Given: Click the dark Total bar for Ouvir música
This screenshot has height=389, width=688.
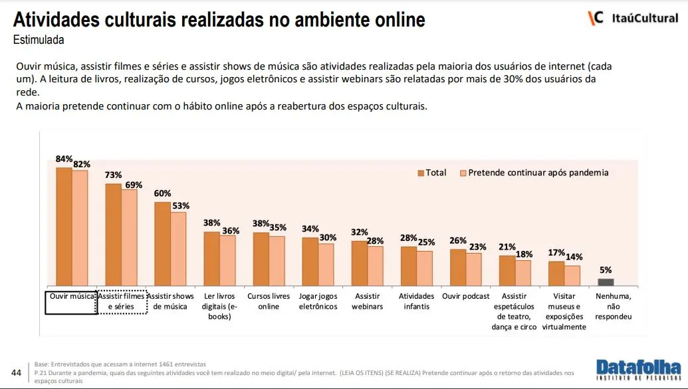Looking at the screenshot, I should point(64,227).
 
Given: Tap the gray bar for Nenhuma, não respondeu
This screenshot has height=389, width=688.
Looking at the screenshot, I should point(606,282).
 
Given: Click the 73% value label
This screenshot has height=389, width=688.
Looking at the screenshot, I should point(114,176).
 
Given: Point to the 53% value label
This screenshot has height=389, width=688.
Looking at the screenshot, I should point(180,205).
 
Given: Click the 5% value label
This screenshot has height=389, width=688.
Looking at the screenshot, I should point(606,270).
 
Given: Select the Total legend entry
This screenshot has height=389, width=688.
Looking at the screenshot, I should point(432,173).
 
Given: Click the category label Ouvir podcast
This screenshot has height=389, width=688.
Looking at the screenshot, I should point(465,296).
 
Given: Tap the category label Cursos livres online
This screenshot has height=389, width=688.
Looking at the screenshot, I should point(269,301).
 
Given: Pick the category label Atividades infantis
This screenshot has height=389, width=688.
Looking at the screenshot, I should point(417,301).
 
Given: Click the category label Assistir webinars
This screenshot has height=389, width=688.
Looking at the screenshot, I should point(367,301).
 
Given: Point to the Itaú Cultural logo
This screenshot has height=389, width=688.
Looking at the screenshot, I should point(633,18).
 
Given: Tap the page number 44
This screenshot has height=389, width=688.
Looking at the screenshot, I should point(17,372).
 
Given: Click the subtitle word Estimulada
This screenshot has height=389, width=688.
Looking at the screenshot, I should point(39,40).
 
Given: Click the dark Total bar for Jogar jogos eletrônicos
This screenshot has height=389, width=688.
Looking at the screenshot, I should point(310,261).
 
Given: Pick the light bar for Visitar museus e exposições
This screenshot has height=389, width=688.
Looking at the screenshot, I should point(572,275).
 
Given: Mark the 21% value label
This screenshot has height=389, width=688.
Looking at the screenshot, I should point(507,247).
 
